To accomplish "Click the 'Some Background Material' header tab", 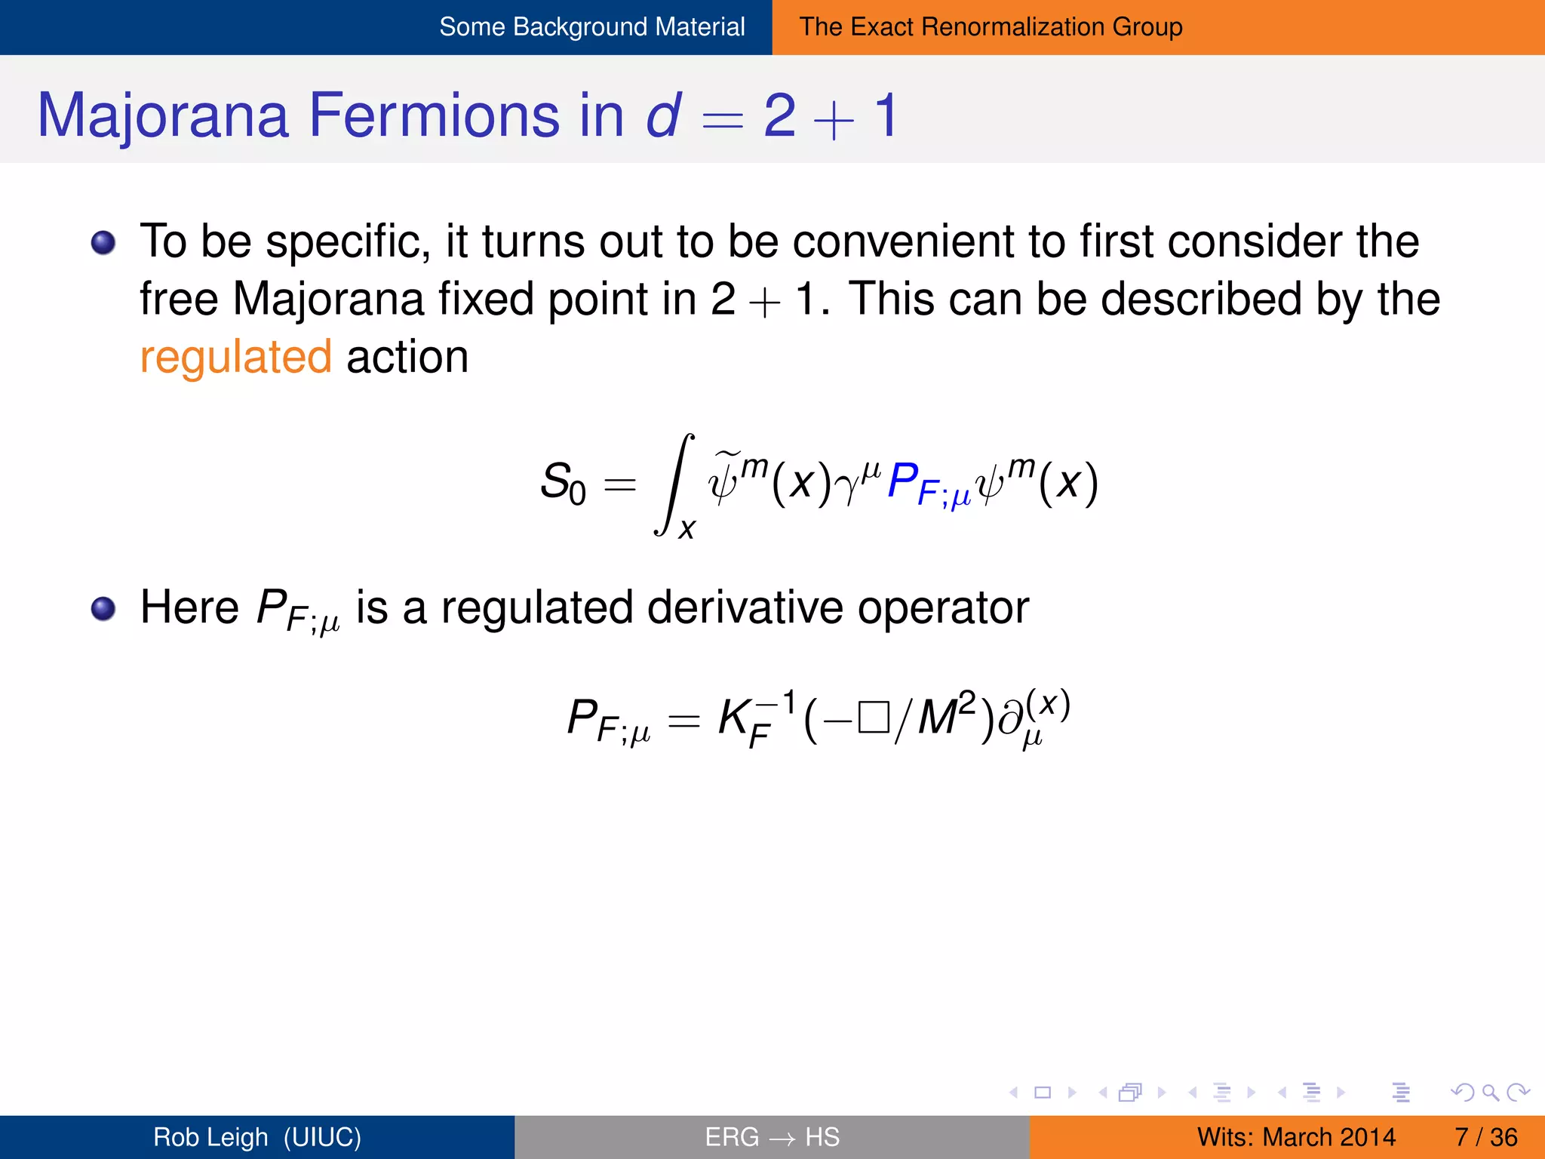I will point(591,27).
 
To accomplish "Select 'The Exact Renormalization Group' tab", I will point(991,27).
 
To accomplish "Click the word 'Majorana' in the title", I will point(163,116).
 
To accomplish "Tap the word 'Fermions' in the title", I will point(434,116).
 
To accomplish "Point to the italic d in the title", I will point(662,115).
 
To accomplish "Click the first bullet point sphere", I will point(103,243).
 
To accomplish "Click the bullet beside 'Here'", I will point(103,608).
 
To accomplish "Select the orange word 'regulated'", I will point(235,358).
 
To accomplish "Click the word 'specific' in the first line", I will point(348,243).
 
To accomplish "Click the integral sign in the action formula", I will point(673,484).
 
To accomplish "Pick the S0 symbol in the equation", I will point(563,483).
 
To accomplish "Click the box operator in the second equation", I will point(874,717).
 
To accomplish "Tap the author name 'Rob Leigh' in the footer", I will point(210,1137).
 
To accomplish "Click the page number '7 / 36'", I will point(1485,1137).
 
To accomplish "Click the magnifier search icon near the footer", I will point(1490,1093).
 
